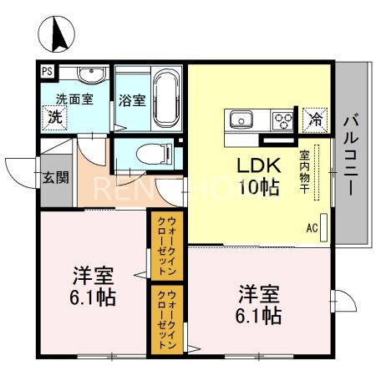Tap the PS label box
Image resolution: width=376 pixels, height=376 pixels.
click(48, 72)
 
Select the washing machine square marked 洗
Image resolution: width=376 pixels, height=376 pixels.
click(54, 115)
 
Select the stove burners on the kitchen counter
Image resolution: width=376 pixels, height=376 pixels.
click(283, 118)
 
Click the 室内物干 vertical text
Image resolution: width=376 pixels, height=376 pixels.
click(305, 171)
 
